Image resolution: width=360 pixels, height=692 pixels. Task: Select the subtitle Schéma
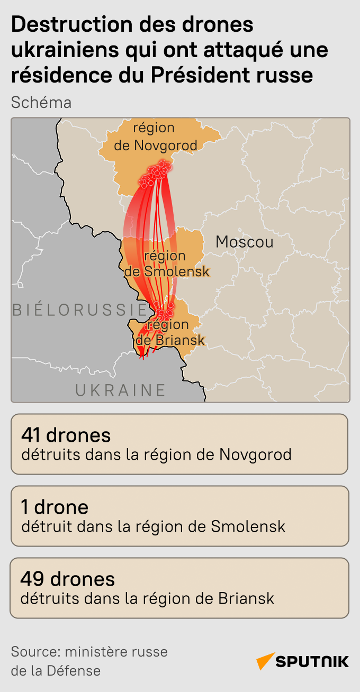pyautogui.click(x=41, y=102)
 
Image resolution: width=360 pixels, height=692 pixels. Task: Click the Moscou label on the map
pyautogui.click(x=245, y=242)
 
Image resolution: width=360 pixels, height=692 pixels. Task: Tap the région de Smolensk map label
pyautogui.click(x=166, y=263)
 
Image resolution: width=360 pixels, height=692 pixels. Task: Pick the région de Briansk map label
pyautogui.click(x=170, y=332)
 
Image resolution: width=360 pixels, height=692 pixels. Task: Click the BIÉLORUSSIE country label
pyautogui.click(x=79, y=309)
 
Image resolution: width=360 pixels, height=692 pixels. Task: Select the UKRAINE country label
pyautogui.click(x=121, y=390)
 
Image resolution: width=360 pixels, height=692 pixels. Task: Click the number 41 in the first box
pyautogui.click(x=32, y=435)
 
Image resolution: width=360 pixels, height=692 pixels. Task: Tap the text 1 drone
pyautogui.click(x=55, y=507)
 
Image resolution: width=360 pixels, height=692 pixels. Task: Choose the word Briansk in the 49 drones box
pyautogui.click(x=246, y=598)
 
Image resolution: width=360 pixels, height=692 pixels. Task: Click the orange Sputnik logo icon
pyautogui.click(x=265, y=661)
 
